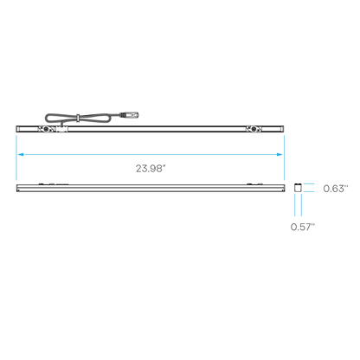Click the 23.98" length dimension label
click(x=151, y=169)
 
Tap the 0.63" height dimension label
click(x=336, y=189)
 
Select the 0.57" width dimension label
click(x=303, y=227)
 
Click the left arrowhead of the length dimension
click(x=21, y=155)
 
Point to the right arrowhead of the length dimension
click(x=280, y=155)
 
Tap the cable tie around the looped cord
click(x=78, y=118)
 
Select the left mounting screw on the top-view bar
click(x=46, y=129)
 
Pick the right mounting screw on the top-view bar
click(x=254, y=129)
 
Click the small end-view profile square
click(x=298, y=188)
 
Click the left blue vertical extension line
click(x=16, y=157)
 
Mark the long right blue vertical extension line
click(x=285, y=157)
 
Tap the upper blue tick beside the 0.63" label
click(x=309, y=183)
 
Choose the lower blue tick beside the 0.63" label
click(x=309, y=191)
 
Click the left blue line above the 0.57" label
click(x=295, y=205)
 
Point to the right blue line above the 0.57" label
click(x=301, y=205)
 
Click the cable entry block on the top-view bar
click(x=62, y=129)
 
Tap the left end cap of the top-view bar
click(x=18, y=129)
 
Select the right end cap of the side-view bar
click(x=284, y=188)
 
